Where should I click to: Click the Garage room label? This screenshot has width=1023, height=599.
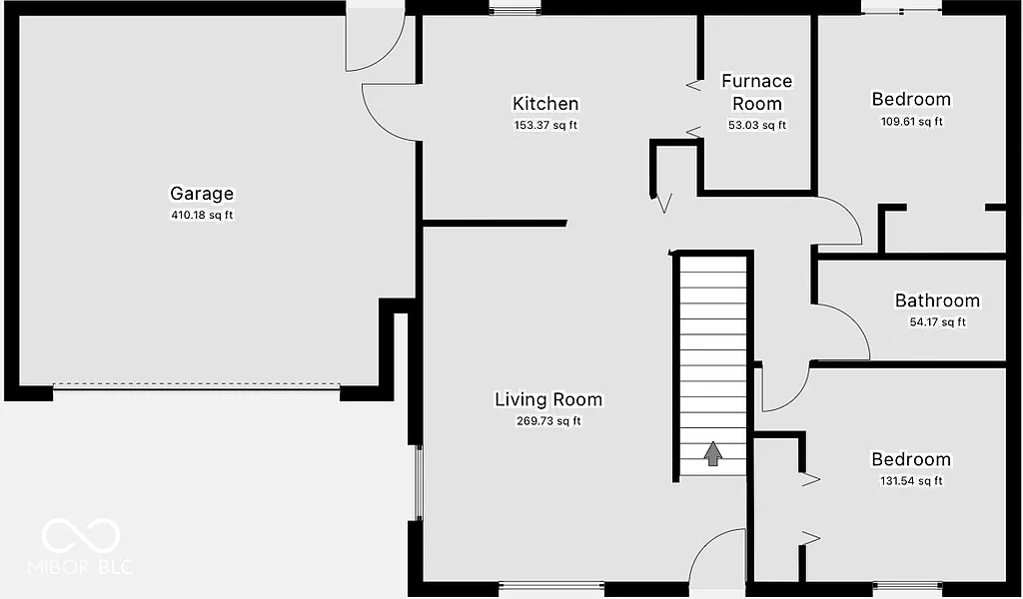point(201,194)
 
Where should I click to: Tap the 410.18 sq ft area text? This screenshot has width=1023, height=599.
point(201,216)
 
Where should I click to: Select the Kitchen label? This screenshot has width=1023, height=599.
point(544,104)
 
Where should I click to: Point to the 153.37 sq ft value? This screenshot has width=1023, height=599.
point(544,126)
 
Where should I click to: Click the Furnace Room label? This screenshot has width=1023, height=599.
point(757,92)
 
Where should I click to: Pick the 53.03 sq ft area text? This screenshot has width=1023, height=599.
point(757,126)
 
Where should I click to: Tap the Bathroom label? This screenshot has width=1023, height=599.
point(936,300)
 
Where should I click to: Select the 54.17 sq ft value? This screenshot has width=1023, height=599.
point(936,321)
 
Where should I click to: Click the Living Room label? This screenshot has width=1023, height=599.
point(548,399)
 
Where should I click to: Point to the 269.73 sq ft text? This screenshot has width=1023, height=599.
point(548,421)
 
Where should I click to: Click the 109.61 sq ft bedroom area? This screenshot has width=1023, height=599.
point(911,122)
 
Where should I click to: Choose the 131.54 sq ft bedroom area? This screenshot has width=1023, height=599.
point(911,481)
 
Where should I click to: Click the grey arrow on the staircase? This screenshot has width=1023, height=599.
point(712,454)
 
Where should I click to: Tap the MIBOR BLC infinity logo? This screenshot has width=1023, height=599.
point(80,536)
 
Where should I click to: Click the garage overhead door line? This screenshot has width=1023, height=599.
point(196,385)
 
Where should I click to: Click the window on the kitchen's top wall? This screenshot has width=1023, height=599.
point(514,11)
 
